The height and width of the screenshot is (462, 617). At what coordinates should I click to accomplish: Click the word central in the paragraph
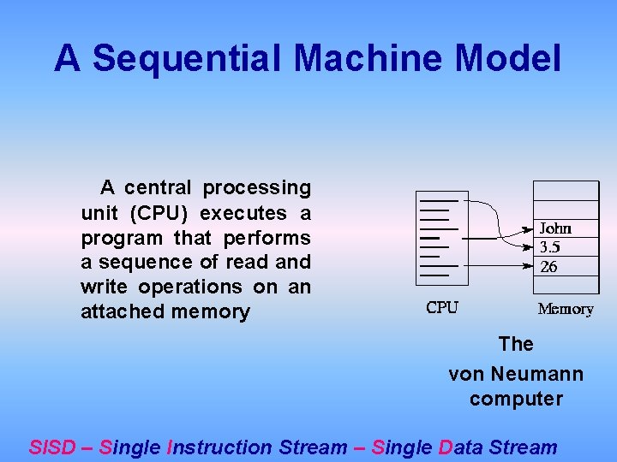[x=159, y=187]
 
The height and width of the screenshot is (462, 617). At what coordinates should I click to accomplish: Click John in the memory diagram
[x=555, y=228]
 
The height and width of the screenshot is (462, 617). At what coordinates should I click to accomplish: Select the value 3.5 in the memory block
[x=549, y=247]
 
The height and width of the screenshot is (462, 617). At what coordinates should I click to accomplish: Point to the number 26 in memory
[x=548, y=267]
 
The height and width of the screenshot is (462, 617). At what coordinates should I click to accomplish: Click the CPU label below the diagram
[x=442, y=308]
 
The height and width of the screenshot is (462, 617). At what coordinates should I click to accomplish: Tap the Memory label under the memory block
[x=565, y=309]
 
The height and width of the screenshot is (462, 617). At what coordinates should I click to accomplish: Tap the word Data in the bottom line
[x=462, y=447]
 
